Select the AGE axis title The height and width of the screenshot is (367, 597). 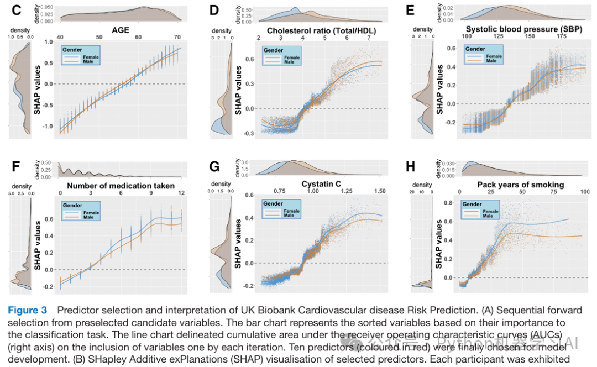(x=120, y=30)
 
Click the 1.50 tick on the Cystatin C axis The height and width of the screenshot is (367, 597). (x=380, y=191)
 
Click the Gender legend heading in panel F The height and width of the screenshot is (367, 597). (x=74, y=206)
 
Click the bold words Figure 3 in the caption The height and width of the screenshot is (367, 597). (x=28, y=311)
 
